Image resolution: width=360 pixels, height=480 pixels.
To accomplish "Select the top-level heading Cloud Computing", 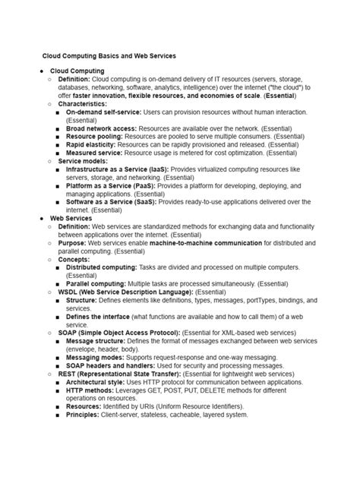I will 77,71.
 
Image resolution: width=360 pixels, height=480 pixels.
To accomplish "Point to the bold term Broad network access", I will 102,129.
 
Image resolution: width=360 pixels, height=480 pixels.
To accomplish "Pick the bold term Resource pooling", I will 94,137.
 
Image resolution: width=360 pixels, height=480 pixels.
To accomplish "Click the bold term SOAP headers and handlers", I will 112,365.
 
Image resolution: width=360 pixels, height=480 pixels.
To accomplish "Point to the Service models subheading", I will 82,161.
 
